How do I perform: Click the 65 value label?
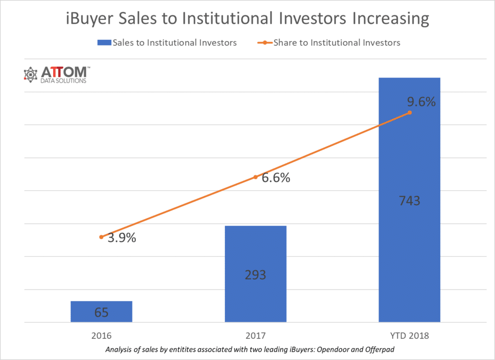[x=102, y=313]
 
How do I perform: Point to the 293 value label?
[x=255, y=275]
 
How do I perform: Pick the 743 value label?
[x=409, y=201]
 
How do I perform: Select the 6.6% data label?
[x=276, y=178]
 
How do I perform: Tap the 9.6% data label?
[x=421, y=102]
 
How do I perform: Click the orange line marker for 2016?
[x=102, y=237]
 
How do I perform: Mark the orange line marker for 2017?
[x=256, y=177]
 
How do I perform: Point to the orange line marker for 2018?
[x=409, y=112]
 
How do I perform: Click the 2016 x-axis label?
[x=102, y=335]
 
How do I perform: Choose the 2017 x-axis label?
[x=256, y=335]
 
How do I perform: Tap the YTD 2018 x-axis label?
[x=409, y=335]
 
